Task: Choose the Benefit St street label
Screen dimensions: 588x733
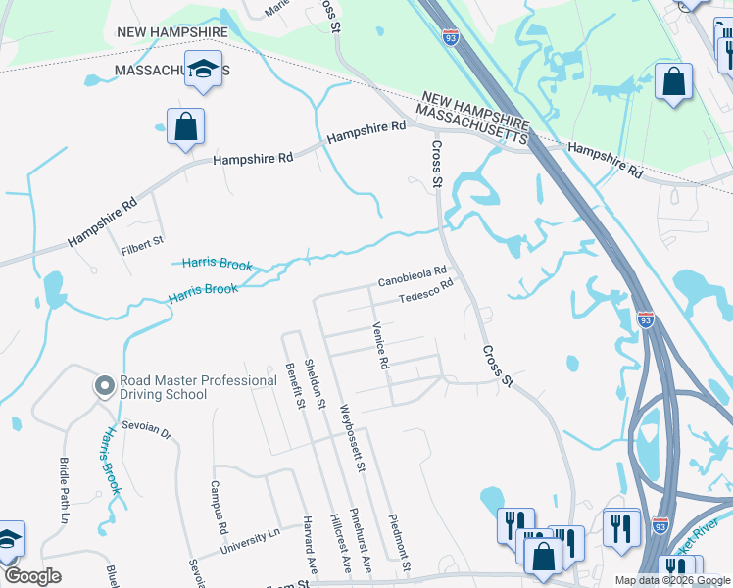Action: click(x=291, y=383)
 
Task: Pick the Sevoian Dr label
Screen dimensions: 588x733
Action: click(x=152, y=432)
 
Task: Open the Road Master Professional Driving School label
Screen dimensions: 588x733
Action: click(x=198, y=387)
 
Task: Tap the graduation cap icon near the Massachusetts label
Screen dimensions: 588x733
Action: click(x=204, y=70)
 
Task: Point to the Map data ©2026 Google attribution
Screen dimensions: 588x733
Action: click(x=671, y=580)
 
